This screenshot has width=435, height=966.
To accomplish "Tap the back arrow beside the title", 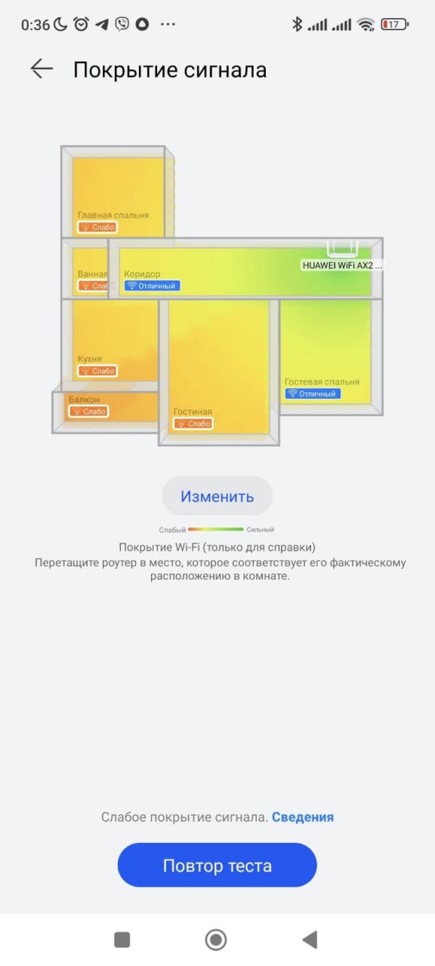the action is tap(42, 69).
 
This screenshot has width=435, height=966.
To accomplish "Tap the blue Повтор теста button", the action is tap(217, 865).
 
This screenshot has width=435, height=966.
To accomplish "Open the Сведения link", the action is tap(303, 817).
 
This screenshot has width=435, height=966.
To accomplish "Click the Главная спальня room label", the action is tap(113, 215).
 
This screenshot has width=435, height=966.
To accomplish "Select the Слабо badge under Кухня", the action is tap(97, 371).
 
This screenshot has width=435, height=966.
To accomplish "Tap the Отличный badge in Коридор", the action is tap(153, 285).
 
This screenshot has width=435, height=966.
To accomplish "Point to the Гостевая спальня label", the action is tap(322, 382).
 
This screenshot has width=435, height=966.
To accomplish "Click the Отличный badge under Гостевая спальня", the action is tap(313, 393).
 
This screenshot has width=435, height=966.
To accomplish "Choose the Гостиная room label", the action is tap(193, 411).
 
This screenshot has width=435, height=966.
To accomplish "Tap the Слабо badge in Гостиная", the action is tap(193, 423).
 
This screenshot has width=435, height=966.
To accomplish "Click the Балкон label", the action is tap(84, 399).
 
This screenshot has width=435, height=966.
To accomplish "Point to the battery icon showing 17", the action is tap(394, 24).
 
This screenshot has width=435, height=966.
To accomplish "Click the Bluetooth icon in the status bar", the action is tap(297, 24).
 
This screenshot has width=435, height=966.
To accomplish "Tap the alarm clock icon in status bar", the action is tap(81, 24).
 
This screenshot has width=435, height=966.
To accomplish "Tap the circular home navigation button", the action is tap(216, 940).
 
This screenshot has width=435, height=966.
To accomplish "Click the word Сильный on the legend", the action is tap(261, 530).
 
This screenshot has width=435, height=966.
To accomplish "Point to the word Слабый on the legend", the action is tap(172, 530).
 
